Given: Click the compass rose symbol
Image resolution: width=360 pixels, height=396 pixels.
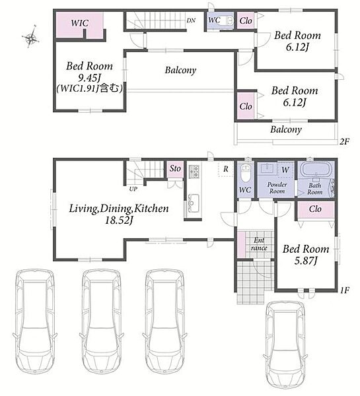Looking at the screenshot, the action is point(30,38).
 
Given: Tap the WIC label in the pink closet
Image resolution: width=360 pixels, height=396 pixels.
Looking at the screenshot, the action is point(80,22).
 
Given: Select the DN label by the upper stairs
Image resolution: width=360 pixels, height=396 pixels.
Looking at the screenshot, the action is point(191,20).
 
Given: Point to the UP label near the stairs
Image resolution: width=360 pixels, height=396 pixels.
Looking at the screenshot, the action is point(133,189).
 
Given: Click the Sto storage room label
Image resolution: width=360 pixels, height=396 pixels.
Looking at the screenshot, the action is point(175,168).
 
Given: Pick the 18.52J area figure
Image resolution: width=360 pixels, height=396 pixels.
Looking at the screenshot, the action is point(118,220).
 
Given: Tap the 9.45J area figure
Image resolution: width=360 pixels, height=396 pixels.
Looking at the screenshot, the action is point(89,78).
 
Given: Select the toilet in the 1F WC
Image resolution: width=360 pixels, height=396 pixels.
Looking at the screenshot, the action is point(244,173).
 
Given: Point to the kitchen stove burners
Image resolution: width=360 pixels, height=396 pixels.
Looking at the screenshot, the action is point(194,172).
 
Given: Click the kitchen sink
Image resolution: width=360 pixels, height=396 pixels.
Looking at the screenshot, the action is point(194,203).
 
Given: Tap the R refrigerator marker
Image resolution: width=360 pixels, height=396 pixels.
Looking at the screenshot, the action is point(226,168).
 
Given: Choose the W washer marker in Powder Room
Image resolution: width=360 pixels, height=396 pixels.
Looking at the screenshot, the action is point(285,169).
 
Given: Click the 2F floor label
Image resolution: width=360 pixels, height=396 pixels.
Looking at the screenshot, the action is point(344,141).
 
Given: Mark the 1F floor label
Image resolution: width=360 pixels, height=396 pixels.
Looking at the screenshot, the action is point(344,290).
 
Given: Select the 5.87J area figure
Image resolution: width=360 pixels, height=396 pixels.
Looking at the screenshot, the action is point(306,261).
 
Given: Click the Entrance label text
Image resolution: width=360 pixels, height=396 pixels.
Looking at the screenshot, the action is point(259,244).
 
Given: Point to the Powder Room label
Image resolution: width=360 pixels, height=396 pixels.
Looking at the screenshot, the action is point(277,188).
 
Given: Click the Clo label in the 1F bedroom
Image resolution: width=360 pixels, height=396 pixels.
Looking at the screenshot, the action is point(315,209).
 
